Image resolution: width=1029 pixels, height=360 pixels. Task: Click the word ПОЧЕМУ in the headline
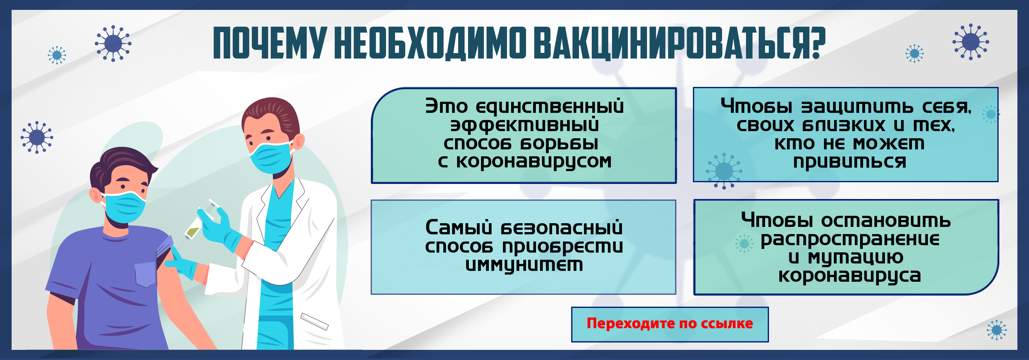pyautogui.click(x=270, y=43)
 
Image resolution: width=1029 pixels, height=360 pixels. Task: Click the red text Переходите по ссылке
pyautogui.click(x=669, y=323)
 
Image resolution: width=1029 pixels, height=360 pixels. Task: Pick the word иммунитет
pyautogui.click(x=524, y=264)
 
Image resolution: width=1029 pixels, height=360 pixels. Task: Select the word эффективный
pyautogui.click(x=525, y=125)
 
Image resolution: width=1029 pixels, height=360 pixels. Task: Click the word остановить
pyautogui.click(x=886, y=220)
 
